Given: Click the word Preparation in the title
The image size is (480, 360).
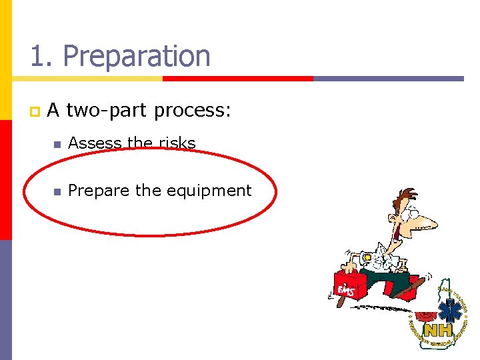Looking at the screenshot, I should (x=137, y=57).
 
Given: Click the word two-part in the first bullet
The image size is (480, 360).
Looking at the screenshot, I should (x=108, y=110).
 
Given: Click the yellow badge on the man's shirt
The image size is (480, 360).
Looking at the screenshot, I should (x=367, y=258).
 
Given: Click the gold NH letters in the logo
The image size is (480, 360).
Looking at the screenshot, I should (x=438, y=331).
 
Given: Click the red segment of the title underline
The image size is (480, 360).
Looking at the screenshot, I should (x=238, y=79).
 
